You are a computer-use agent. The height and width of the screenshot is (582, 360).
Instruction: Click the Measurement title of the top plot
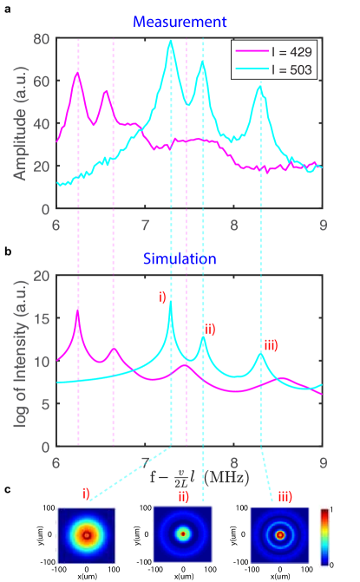coord(180,21)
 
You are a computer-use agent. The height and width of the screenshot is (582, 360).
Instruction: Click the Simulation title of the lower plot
coord(180,258)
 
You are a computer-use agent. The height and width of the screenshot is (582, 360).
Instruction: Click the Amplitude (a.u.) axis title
coord(18,124)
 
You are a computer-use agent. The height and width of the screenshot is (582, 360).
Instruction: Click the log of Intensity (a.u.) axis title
coord(18,362)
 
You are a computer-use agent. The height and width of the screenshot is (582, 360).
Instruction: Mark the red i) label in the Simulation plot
coord(162,298)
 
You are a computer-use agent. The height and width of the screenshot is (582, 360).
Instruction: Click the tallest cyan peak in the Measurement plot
coord(171,41)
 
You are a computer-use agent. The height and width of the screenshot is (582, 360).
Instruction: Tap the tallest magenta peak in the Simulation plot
coord(77,311)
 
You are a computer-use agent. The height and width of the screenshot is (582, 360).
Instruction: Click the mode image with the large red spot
coord(86,535)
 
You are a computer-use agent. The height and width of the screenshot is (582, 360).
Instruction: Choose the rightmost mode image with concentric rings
coord(279,535)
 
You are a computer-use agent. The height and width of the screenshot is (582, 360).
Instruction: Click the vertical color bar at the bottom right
coord(324,535)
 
